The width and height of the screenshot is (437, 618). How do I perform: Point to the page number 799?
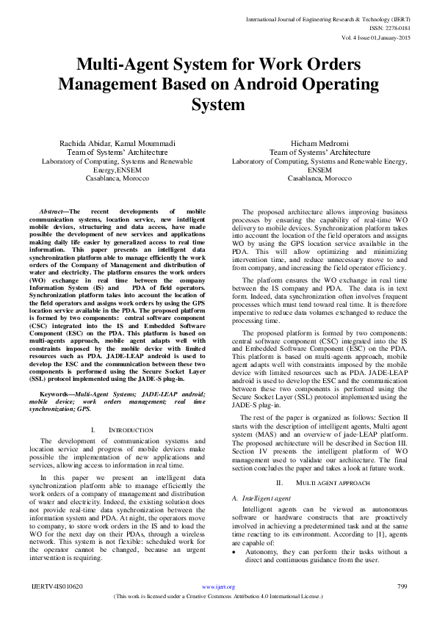click(x=402, y=586)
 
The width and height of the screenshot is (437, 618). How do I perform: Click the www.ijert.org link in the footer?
click(x=218, y=586)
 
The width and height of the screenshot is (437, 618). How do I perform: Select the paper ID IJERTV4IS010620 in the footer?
click(x=56, y=586)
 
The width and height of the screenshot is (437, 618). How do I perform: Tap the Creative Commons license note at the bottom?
click(x=218, y=597)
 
